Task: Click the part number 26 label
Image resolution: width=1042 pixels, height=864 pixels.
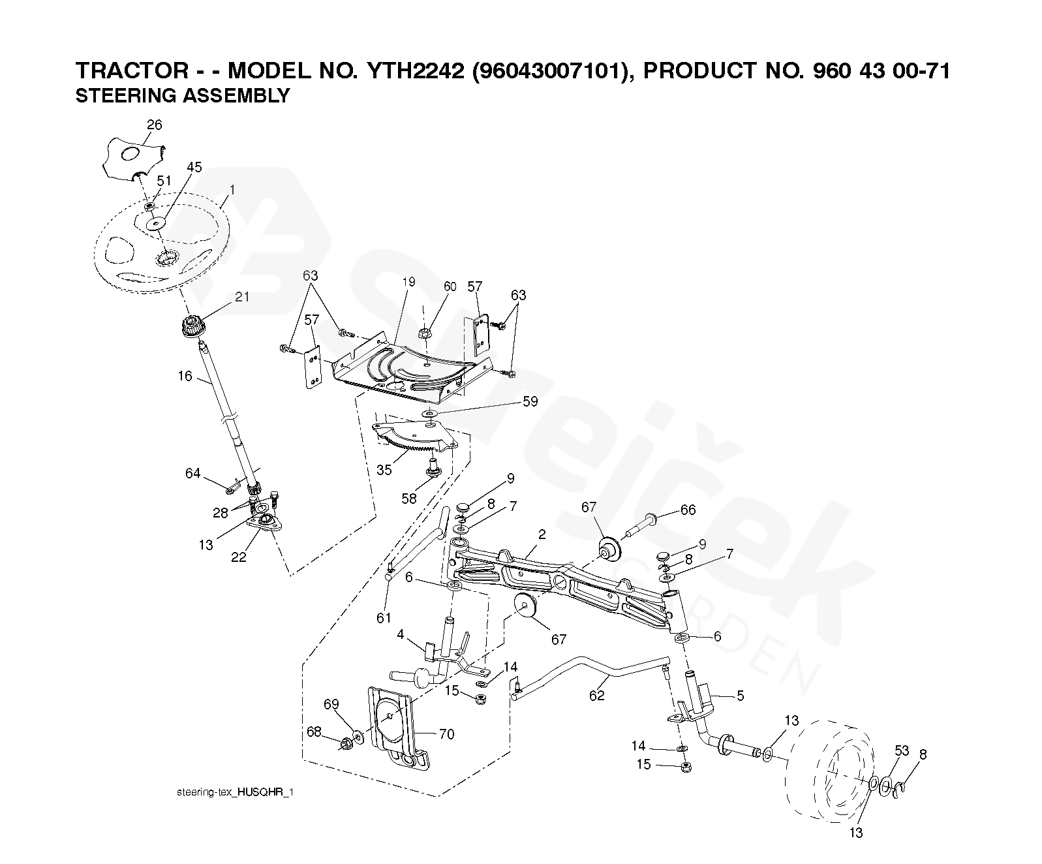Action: coord(154,125)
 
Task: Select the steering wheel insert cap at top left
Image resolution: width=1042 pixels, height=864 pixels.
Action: coord(134,160)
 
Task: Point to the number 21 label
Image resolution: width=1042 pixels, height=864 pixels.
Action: coord(242,297)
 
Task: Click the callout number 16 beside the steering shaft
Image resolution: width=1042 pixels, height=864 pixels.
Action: coord(185,376)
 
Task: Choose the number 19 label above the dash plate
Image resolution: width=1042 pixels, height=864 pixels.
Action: coord(408,283)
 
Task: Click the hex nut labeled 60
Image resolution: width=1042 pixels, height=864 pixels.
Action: coord(424,333)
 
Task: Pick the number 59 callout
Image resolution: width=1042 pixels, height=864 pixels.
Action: coord(530,401)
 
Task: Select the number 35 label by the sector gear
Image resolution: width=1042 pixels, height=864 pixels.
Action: coord(384,470)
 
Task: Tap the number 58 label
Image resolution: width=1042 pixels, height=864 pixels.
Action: coord(409,499)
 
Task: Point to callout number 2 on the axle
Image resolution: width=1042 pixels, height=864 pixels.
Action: coord(542,534)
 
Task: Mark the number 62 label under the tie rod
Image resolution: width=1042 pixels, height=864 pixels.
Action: coord(596,696)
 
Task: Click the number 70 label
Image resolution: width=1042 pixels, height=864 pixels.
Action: coord(446,734)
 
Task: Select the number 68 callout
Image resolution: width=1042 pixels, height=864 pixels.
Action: coord(314,732)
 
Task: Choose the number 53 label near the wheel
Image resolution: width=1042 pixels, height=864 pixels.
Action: coord(901,751)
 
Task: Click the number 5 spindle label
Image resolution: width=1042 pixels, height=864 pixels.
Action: coord(740,696)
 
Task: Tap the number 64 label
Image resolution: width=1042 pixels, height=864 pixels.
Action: coord(193,473)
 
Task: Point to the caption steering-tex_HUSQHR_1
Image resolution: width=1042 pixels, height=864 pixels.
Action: coord(235,792)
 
